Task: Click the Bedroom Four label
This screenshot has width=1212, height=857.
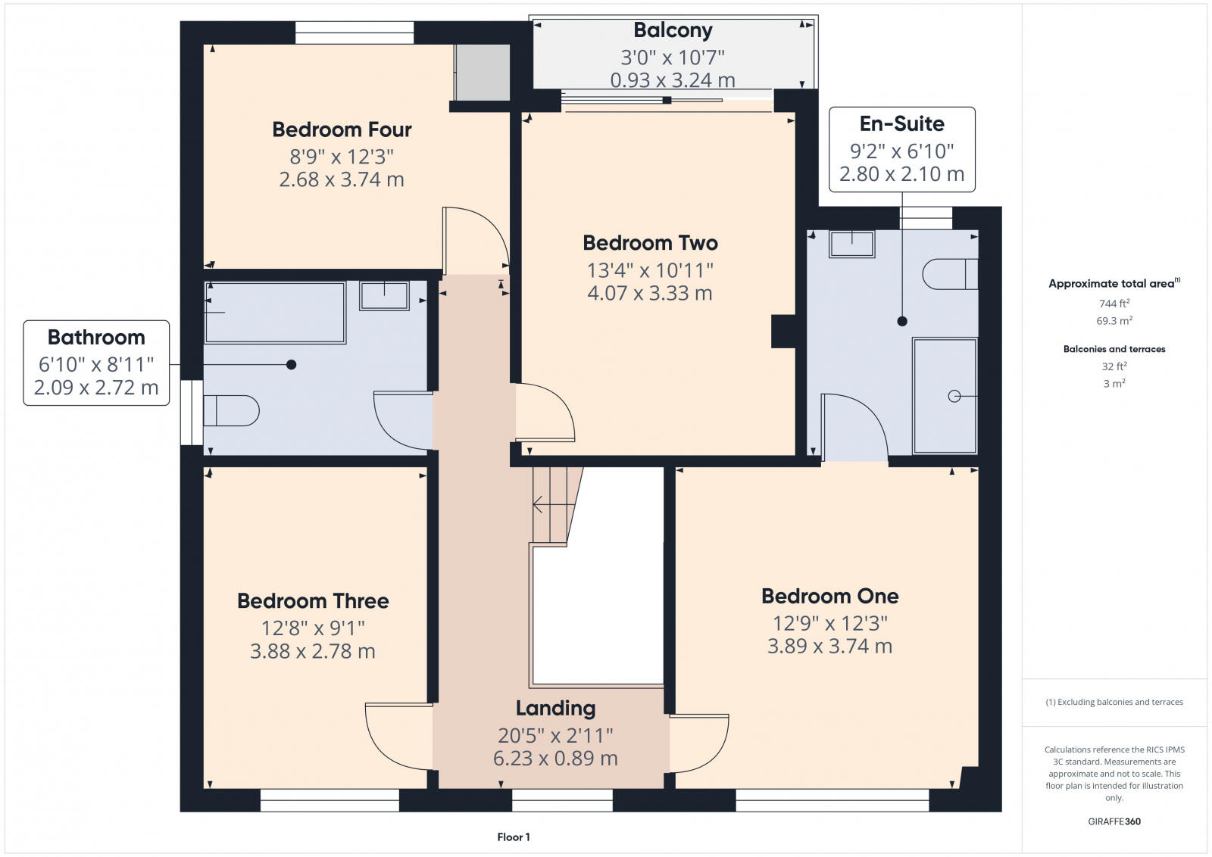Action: [x=342, y=129]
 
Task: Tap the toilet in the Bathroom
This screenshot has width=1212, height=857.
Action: [x=231, y=410]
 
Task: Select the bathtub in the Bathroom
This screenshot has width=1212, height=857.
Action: [x=275, y=312]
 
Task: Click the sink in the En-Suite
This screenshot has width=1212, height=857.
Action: [x=851, y=244]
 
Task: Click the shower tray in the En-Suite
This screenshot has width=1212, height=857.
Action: [x=945, y=395]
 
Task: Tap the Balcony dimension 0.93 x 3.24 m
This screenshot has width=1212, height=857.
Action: [x=673, y=79]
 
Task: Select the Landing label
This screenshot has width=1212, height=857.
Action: [x=555, y=708]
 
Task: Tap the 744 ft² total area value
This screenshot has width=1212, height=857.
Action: [x=1114, y=303]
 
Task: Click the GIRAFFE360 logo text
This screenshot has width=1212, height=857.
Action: [x=1114, y=821]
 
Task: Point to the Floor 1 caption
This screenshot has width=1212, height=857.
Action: [x=514, y=837]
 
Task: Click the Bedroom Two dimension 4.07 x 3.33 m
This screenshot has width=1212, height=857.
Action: [x=649, y=293]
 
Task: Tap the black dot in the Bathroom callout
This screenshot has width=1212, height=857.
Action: [x=291, y=365]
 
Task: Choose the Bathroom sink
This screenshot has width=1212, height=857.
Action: [x=384, y=295]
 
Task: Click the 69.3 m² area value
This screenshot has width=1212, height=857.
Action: [x=1114, y=320]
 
